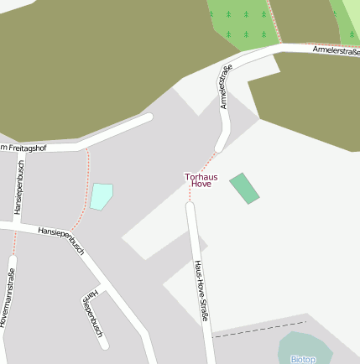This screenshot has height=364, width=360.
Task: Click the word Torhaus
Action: pyautogui.click(x=201, y=176)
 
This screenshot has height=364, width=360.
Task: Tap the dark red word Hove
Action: pyautogui.click(x=201, y=184)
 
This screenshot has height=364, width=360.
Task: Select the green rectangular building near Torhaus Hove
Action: pyautogui.click(x=244, y=188)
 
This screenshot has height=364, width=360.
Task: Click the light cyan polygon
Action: pyautogui.click(x=101, y=195)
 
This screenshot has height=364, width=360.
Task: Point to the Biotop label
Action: pyautogui.click(x=303, y=359)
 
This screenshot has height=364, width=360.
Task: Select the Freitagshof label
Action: pyautogui.click(x=25, y=148)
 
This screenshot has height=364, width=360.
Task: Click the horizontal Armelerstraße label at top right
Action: pyautogui.click(x=335, y=51)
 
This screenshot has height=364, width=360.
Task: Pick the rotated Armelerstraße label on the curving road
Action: pyautogui.click(x=225, y=88)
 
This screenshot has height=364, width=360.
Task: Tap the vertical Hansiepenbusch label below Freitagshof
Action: pyautogui.click(x=20, y=188)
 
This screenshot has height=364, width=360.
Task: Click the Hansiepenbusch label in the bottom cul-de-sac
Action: pyautogui.click(x=91, y=314)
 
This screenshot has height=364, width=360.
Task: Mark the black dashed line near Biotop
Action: pyautogui.click(x=259, y=329)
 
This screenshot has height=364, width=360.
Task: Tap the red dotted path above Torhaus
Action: pyautogui.click(x=201, y=163)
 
